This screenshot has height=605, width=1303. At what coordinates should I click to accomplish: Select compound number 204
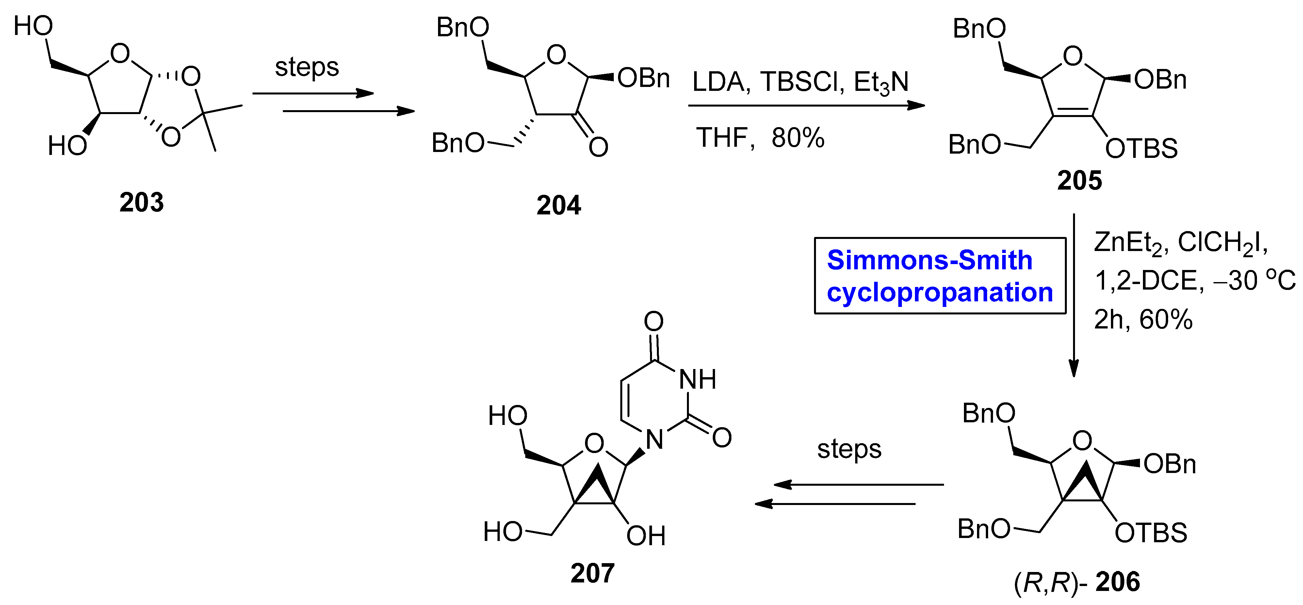coord(559,206)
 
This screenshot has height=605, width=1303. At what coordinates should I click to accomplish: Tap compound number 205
coord(1079,181)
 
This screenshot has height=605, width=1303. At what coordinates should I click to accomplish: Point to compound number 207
coord(592,573)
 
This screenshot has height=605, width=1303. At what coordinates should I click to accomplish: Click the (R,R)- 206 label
coord(1076,582)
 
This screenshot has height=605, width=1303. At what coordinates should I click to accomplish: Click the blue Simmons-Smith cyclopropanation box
coord(939,276)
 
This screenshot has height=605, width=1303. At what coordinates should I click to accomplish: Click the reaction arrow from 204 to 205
coord(806,105)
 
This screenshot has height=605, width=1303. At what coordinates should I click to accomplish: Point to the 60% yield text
coord(1165,320)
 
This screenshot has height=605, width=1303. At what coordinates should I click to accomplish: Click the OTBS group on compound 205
coord(1141,149)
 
